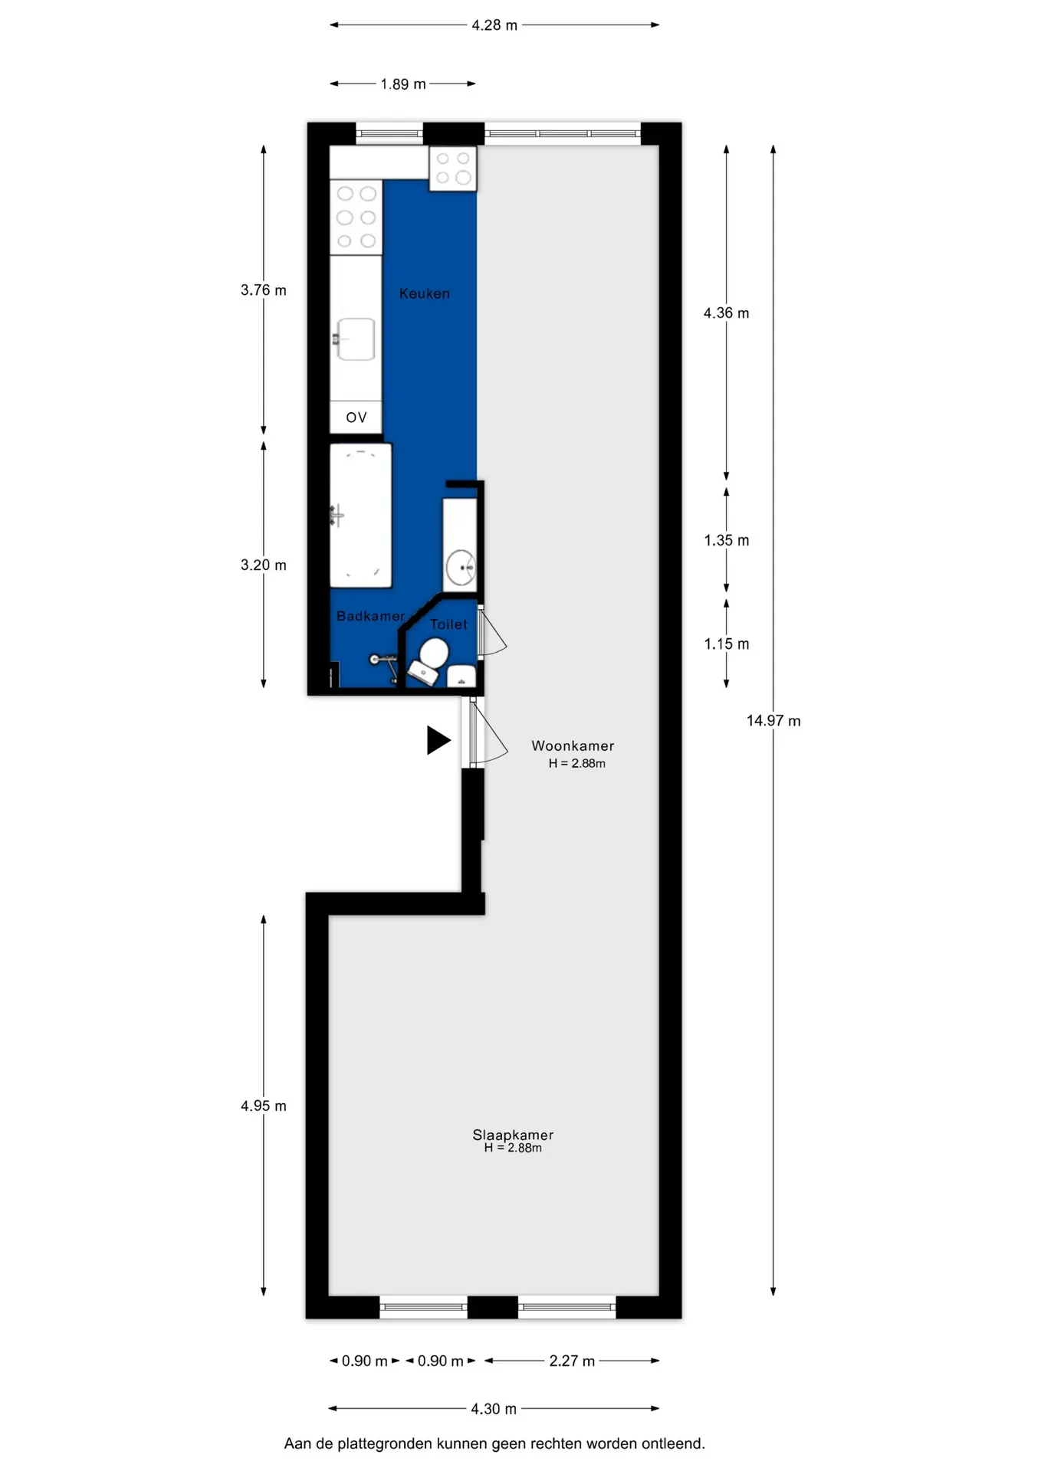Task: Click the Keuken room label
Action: coord(424,293)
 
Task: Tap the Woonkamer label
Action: coord(573,745)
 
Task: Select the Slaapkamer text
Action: coord(513,1135)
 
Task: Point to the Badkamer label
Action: coord(370,616)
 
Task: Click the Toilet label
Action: coord(448,624)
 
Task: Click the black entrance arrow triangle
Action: coord(438,740)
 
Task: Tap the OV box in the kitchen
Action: coord(356,418)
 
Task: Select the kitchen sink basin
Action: coord(356,339)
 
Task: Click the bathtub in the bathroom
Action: coord(360,516)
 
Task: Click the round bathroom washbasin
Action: coord(461,568)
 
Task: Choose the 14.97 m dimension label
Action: coord(773,720)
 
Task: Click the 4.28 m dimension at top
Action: coord(494,25)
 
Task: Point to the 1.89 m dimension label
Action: coord(403,84)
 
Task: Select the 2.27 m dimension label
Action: coord(572,1361)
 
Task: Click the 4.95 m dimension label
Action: coord(264,1106)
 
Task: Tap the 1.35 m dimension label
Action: coord(727,540)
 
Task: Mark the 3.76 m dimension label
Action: coord(264,290)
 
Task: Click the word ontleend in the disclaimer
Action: coord(673,1443)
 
